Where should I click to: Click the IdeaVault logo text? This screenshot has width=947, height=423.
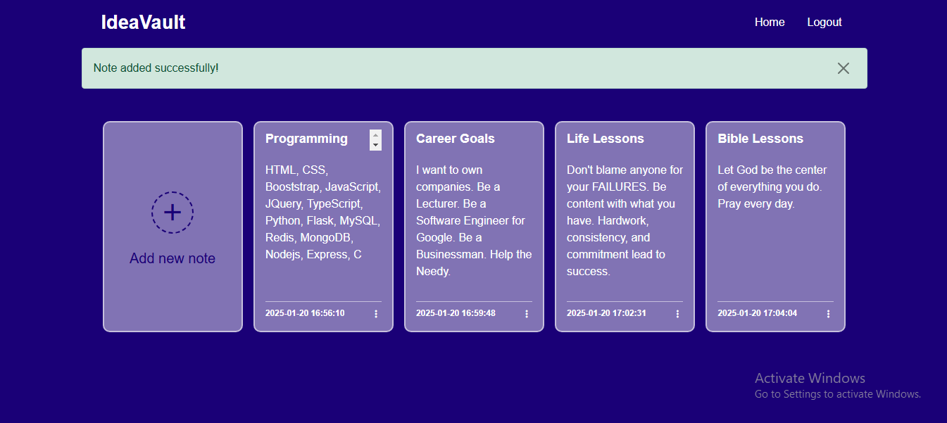[143, 23]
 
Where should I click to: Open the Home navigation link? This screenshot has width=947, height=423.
[770, 22]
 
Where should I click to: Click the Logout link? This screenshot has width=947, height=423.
[824, 23]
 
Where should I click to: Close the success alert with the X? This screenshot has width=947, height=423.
[843, 68]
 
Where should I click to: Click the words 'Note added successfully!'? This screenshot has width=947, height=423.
[156, 68]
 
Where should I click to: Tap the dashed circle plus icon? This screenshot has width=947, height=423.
[173, 212]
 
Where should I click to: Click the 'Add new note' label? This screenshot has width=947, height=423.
[173, 258]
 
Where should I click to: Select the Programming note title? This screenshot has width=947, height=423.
[306, 139]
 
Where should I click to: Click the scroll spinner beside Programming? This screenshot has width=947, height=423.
[375, 140]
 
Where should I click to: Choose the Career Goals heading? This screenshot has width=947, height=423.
[456, 139]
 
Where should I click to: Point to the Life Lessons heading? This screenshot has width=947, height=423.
[606, 139]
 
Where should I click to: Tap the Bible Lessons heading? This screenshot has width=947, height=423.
[760, 139]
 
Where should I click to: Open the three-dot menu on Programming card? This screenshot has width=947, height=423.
[376, 314]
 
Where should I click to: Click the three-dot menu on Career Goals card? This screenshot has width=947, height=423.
[527, 314]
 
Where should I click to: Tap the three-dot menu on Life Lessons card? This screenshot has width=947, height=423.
[678, 314]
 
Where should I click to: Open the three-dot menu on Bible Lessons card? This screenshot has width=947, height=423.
[828, 314]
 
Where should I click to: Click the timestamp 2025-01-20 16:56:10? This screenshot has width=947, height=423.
[305, 313]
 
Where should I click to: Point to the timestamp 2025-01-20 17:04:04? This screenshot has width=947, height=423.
[757, 313]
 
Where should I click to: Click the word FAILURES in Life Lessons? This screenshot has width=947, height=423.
[620, 187]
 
